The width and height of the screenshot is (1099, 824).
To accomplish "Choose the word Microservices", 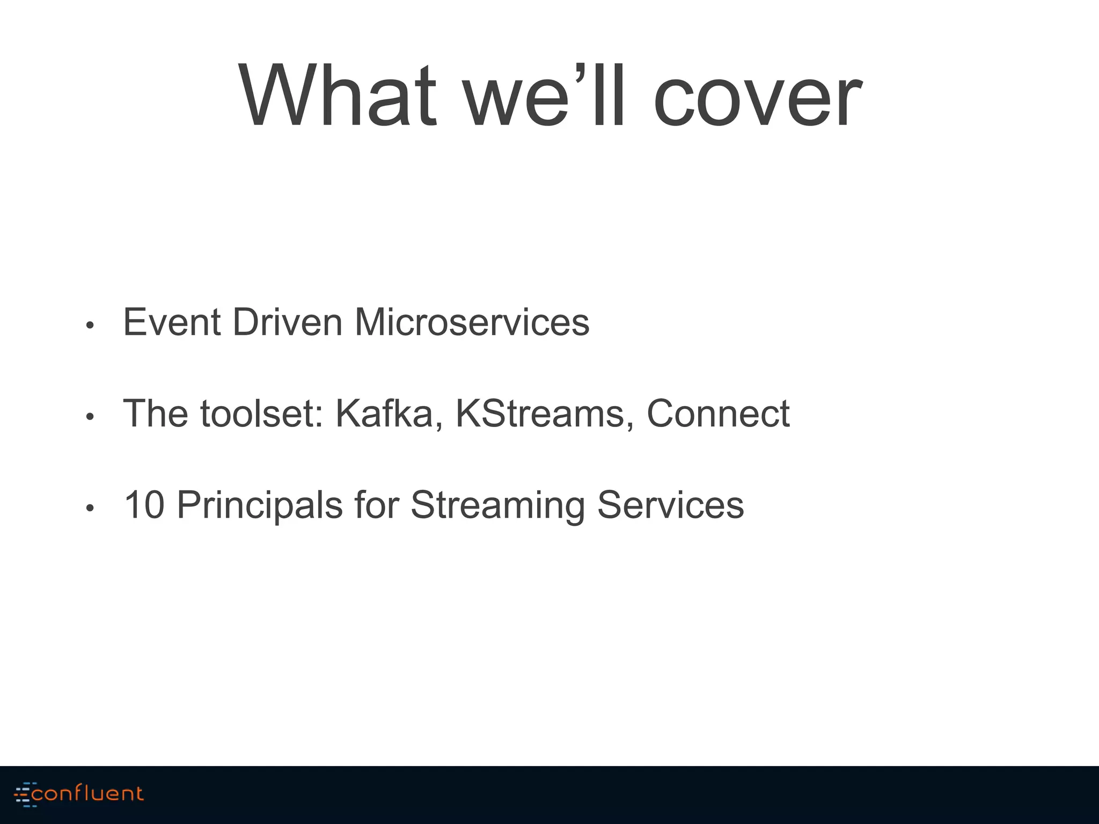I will pos(472,323).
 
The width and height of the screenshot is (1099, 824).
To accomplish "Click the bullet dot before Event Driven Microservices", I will pos(90,326).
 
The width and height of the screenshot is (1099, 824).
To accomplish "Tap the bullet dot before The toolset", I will pos(90,417).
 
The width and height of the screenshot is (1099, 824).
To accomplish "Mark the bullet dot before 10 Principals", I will pos(90,508).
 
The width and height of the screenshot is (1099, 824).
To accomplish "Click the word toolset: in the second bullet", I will pos(262,414).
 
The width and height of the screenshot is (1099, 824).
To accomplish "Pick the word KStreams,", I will pos(544,414).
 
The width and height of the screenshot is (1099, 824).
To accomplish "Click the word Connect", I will pos(718,414).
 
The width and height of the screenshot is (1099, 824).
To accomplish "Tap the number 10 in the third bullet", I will pos(144,505).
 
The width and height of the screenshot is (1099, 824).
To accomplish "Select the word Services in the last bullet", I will pos(670,505).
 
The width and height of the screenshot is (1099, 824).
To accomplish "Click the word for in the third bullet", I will pos(377,505).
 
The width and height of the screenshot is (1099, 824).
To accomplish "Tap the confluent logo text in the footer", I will pos(87,793).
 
